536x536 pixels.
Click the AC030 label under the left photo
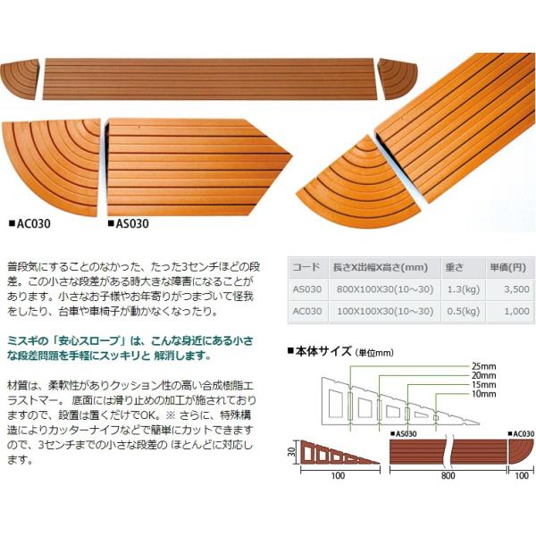[x=30, y=224]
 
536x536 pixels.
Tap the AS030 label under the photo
[x=129, y=224]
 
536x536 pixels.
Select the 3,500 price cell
[x=516, y=289]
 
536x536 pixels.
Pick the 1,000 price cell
[x=516, y=311]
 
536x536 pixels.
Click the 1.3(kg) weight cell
[x=464, y=289]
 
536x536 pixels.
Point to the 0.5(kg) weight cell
[x=464, y=312]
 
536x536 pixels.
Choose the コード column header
[x=306, y=267]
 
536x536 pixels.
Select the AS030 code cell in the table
[x=307, y=289]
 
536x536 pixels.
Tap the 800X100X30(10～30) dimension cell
[x=385, y=289]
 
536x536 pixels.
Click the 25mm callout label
[x=483, y=366]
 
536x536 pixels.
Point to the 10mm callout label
[x=483, y=394]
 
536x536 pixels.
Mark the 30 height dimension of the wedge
[x=291, y=452]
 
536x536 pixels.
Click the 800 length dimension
[x=448, y=476]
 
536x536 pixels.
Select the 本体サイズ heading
[x=323, y=351]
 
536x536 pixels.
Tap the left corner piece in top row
[x=21, y=79]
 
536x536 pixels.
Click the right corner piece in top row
[x=398, y=79]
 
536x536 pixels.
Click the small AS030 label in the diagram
[x=404, y=434]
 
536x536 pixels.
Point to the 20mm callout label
[x=483, y=375]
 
